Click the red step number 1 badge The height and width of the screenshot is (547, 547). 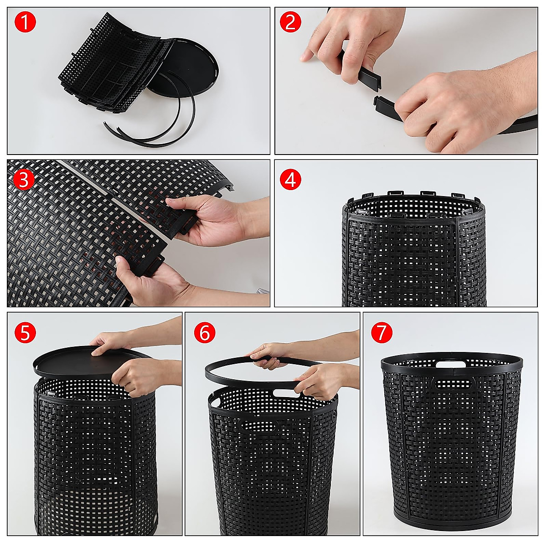[x=25, y=23]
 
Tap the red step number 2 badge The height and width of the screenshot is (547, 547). [x=291, y=23]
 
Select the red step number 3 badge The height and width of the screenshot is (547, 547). [x=23, y=181]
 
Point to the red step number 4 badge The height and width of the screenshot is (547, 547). [x=291, y=181]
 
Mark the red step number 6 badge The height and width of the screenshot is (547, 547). [x=204, y=333]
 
